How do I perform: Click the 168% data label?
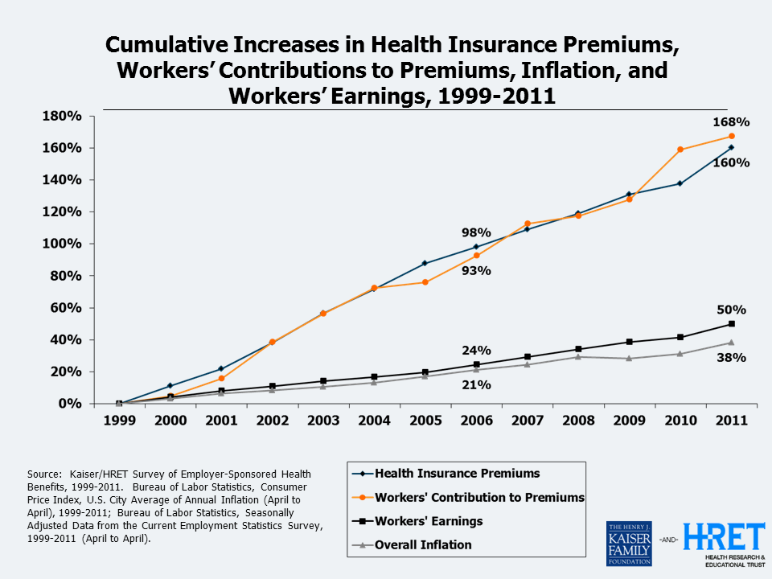[x=731, y=122]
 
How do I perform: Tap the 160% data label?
[x=731, y=162]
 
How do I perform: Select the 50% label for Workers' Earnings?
[x=731, y=310]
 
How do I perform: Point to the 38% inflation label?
[x=731, y=357]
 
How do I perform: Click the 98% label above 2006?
[x=476, y=232]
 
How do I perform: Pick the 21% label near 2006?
[x=476, y=384]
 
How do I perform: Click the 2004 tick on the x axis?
[x=374, y=421]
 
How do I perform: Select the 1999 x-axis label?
[x=119, y=421]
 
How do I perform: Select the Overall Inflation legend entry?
[x=423, y=544]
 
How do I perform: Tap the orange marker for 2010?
[x=680, y=150]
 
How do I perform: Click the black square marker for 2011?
[x=731, y=324]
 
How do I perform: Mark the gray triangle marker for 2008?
[x=578, y=357]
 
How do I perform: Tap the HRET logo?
[x=724, y=537]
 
